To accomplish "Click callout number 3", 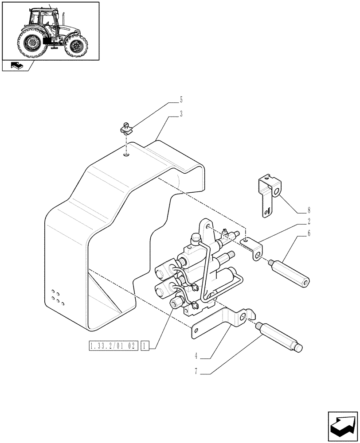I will click(181, 114).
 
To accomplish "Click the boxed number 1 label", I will click(145, 346).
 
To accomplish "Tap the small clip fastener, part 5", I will click(126, 129).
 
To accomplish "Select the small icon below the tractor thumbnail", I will click(15, 66).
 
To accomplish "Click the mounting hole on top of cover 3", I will click(127, 155).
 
